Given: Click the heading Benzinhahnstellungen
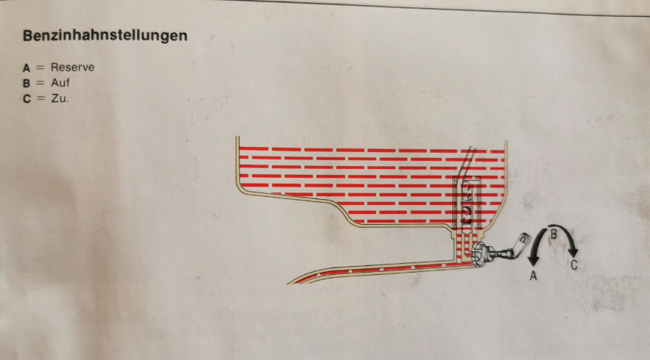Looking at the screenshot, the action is click(x=105, y=36).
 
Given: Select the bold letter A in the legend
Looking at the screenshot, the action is click(x=26, y=68).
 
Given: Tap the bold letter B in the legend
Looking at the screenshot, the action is click(x=26, y=83).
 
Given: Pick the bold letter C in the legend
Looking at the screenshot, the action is click(x=27, y=98).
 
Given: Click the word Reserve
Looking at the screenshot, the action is click(x=73, y=67).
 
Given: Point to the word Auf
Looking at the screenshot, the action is click(x=60, y=82).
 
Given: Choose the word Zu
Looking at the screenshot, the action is click(x=59, y=98).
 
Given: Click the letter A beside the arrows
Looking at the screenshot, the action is click(x=533, y=276).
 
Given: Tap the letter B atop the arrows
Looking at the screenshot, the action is click(x=553, y=234).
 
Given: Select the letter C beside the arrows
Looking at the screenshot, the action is click(x=574, y=264).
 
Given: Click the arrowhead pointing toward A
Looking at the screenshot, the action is click(x=533, y=261).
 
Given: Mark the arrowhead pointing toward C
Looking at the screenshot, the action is click(x=573, y=252).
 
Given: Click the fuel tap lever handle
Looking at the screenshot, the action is click(x=521, y=244).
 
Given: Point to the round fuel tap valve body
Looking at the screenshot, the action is click(x=481, y=253).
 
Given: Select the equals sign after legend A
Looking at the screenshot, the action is click(x=40, y=68).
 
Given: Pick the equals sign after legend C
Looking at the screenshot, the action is click(x=40, y=98).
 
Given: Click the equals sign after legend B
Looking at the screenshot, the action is click(x=40, y=83).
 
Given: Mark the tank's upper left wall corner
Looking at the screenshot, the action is click(x=237, y=137).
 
